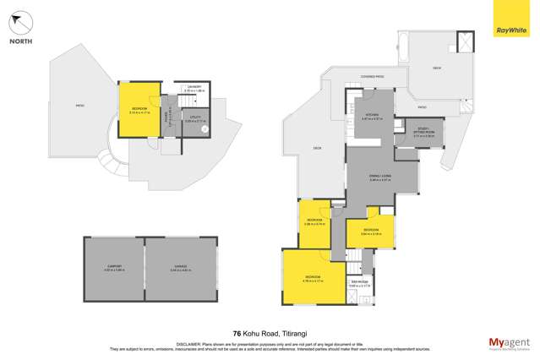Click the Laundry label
194,88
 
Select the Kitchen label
373,116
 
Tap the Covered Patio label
373,77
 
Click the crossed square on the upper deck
465,42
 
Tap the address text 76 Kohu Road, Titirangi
269,334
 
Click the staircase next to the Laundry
170,111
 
